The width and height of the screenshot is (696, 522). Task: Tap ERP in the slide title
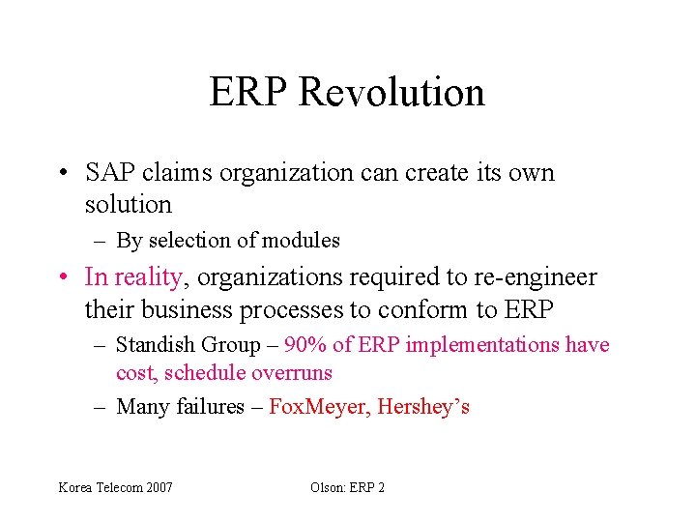tap(249, 93)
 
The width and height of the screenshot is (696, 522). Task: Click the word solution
tap(128, 205)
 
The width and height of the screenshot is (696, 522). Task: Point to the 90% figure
tap(306, 345)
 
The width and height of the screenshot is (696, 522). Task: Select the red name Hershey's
tap(423, 407)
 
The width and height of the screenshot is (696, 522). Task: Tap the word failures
tap(211, 407)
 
